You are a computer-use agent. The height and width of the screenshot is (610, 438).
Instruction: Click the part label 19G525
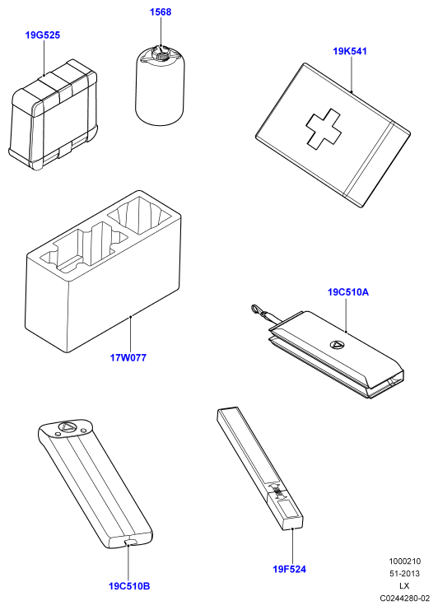(x=43, y=35)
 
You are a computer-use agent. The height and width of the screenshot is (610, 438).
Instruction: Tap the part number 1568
(x=161, y=12)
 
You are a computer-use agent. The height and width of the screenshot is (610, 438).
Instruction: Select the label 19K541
(x=350, y=51)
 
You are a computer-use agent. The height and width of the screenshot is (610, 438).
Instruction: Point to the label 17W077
(x=128, y=357)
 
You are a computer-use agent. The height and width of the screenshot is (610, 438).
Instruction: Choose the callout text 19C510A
(x=348, y=291)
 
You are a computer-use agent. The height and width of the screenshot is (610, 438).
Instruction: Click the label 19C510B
(x=129, y=586)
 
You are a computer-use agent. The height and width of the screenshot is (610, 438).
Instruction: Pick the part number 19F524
(x=290, y=569)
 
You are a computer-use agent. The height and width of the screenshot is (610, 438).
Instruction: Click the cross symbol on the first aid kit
(x=324, y=128)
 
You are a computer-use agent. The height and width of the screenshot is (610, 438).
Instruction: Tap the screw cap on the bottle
(x=161, y=54)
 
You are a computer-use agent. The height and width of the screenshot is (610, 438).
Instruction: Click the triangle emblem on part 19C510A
(x=337, y=344)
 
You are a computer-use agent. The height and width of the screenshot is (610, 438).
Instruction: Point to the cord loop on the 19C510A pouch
(x=258, y=311)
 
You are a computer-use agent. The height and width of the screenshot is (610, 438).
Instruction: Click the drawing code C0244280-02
(x=405, y=598)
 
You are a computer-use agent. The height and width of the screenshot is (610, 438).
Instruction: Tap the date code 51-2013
(x=405, y=574)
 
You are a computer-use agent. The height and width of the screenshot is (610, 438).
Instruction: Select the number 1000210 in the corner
(x=405, y=561)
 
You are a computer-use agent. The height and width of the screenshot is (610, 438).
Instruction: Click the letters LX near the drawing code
(x=404, y=585)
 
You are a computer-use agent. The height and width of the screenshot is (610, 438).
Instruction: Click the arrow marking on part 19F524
(x=278, y=492)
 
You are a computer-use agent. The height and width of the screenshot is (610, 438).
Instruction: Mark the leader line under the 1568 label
(x=161, y=32)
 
